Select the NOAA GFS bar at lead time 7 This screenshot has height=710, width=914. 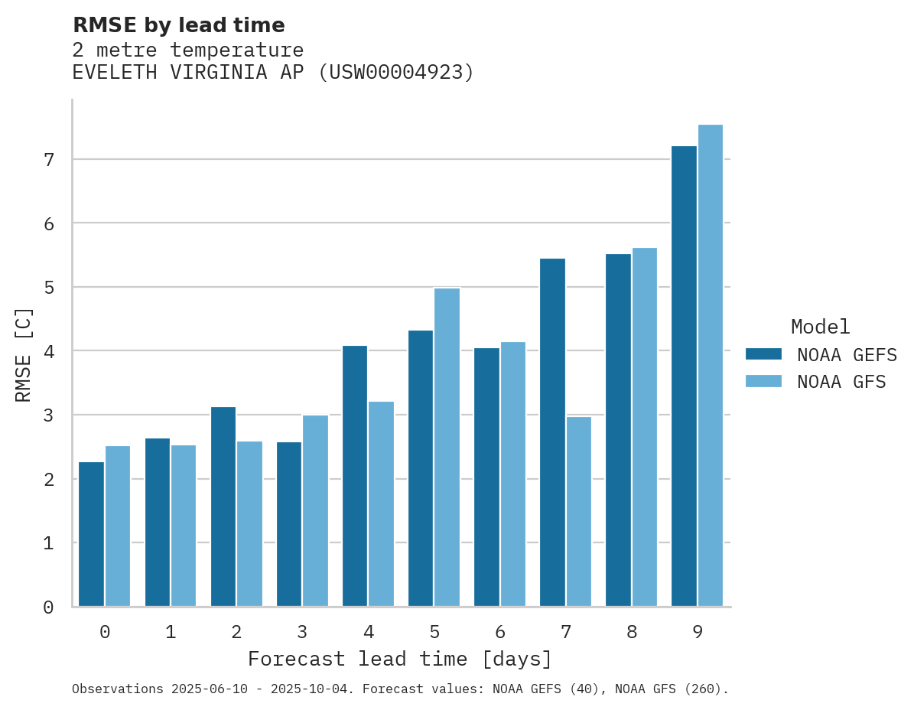[579, 511]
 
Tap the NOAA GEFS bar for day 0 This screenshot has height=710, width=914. [91, 534]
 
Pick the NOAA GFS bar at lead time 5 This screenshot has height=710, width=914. [447, 447]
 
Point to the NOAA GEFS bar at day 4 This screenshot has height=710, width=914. [355, 476]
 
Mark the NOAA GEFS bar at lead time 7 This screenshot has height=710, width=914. [552, 432]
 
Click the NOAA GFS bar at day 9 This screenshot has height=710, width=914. [711, 366]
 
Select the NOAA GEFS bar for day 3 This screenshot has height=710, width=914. [289, 524]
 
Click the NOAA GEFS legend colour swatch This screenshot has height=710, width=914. [763, 354]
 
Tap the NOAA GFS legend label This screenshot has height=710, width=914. [841, 382]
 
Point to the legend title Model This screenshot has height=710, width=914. [820, 327]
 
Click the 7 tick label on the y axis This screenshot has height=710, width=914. [48, 160]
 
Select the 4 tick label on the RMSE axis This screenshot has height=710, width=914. [48, 351]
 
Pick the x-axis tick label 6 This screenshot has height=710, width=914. [500, 633]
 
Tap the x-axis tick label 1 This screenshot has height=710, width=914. [171, 633]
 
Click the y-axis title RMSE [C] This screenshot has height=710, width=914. [24, 353]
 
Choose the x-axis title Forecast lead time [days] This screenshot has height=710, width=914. [400, 660]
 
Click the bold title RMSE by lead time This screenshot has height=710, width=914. [179, 25]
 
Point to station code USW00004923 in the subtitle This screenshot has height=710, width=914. [394, 73]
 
